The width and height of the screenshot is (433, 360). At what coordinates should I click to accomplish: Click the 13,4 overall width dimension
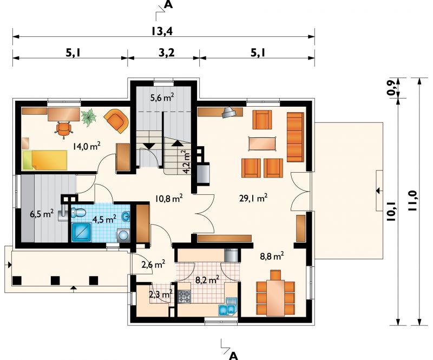tap(162, 31)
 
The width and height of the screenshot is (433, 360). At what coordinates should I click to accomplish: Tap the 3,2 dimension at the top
tap(167, 52)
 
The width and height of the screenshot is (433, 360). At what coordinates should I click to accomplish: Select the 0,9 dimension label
tap(391, 88)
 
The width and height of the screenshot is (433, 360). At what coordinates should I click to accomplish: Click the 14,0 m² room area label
tap(87, 146)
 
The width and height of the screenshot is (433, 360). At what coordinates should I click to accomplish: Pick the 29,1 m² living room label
tap(253, 198)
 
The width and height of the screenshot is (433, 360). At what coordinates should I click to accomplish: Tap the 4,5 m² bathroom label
tap(104, 219)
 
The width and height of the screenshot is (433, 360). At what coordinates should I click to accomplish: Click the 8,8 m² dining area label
tap(272, 256)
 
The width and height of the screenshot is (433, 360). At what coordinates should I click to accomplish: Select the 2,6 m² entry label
tap(153, 264)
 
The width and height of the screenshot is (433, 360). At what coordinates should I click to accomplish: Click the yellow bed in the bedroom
tap(45, 160)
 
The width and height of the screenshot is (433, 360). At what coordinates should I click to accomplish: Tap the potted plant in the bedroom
tap(88, 117)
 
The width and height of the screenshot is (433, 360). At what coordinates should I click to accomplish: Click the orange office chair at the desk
tap(64, 129)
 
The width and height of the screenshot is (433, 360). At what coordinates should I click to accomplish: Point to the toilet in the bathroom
tap(78, 213)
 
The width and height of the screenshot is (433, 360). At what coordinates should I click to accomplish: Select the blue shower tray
tap(81, 232)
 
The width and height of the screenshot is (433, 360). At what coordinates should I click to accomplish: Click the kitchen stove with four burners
tap(184, 297)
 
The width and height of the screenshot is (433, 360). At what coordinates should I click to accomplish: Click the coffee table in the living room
tap(263, 143)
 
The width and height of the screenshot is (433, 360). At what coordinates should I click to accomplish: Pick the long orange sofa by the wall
tap(296, 137)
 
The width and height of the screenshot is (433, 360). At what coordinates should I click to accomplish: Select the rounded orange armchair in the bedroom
tap(116, 121)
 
